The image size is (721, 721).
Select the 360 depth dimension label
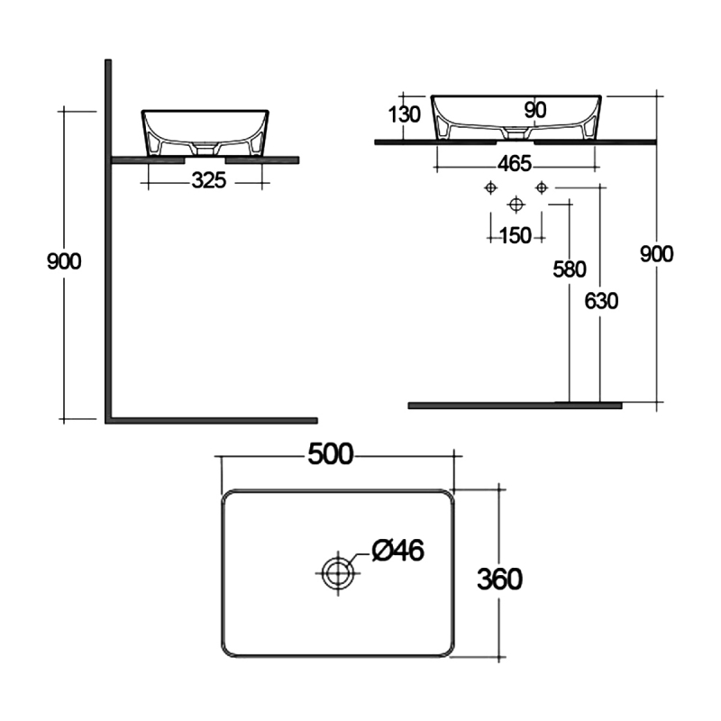point(500,579)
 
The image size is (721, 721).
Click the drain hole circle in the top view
point(337,571)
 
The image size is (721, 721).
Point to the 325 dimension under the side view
point(208,181)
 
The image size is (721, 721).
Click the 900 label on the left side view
point(64,261)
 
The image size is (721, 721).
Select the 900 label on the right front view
point(656,254)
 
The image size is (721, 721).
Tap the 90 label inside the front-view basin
point(535,109)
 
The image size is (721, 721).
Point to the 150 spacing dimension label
point(515,235)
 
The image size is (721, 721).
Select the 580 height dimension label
point(570,269)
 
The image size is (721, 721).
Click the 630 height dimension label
point(601,301)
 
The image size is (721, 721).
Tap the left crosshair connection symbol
point(490,187)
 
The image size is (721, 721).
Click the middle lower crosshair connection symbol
point(516,203)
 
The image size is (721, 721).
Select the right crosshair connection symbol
point(541,187)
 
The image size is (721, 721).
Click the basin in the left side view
point(205,132)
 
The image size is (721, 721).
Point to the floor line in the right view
point(515,406)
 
